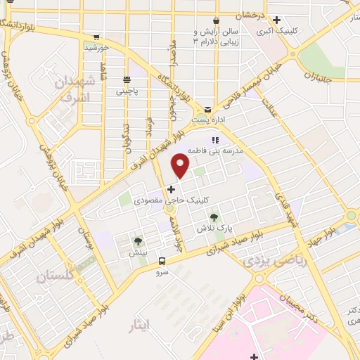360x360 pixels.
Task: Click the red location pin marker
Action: [181, 165]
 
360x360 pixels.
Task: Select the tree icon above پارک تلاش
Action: [214, 217]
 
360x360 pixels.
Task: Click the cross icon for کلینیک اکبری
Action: [277, 20]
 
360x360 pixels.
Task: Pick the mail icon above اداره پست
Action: [207, 110]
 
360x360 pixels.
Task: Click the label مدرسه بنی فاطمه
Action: [228, 150]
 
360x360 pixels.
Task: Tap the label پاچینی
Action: [127, 91]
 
